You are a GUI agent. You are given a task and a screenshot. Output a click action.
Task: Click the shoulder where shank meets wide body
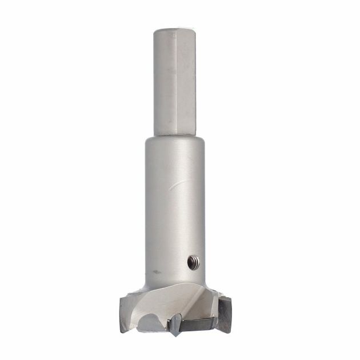tap(175, 138)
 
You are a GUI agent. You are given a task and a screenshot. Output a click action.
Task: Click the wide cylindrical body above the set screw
tap(175, 217)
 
